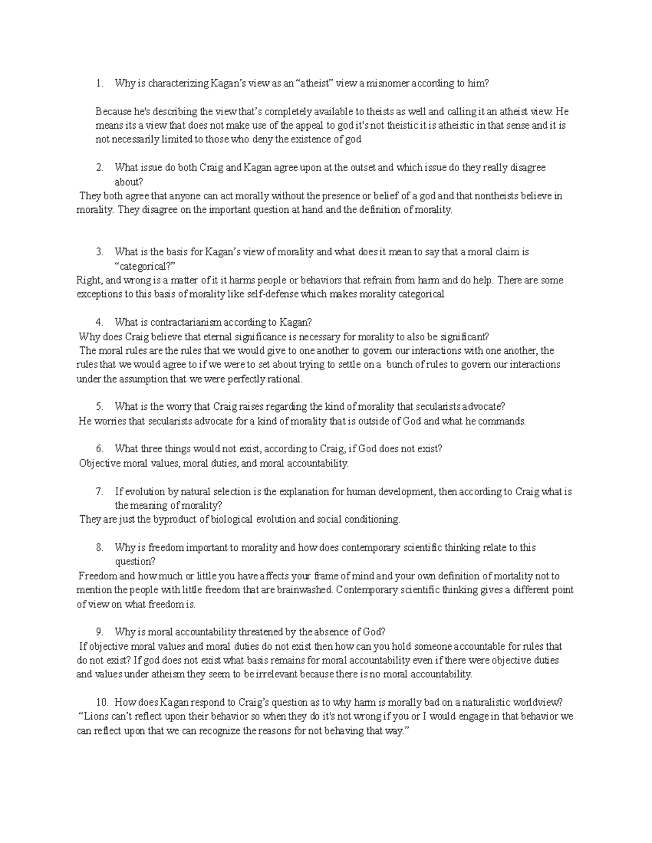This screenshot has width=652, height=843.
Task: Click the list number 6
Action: pyautogui.click(x=99, y=449)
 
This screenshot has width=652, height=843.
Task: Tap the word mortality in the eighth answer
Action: pyautogui.click(x=530, y=576)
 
